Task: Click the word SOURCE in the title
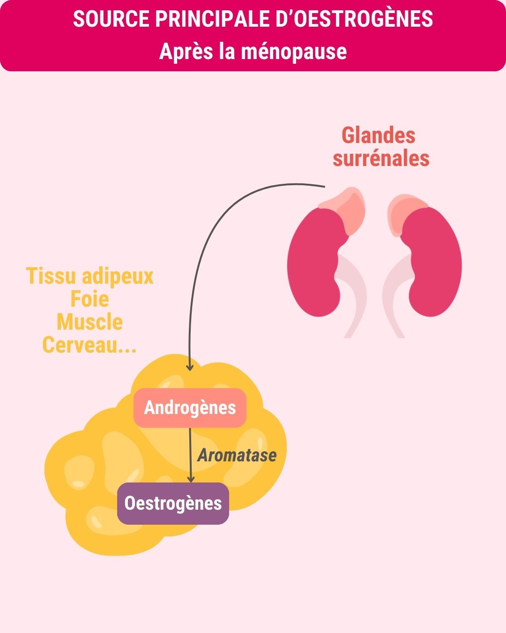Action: pos(111,19)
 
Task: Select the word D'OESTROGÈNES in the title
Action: pos(365,19)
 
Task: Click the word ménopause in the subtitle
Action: pos(294,51)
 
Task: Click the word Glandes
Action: pos(379,136)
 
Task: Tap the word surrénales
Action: pos(381,158)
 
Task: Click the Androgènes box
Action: pos(190,407)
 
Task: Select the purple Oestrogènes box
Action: pos(173,503)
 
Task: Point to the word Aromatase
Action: pos(237,455)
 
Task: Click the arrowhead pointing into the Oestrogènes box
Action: pos(191,478)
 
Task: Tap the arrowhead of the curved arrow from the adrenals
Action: pos(190,367)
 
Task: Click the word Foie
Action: pos(89,299)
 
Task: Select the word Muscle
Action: pos(89,322)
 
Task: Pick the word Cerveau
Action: pos(80,345)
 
